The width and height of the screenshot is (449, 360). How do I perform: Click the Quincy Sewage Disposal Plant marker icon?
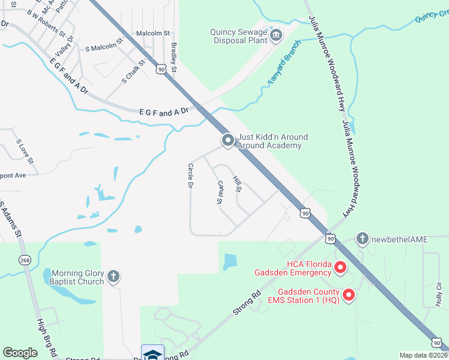[276, 34]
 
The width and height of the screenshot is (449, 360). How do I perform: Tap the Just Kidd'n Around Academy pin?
[228, 140]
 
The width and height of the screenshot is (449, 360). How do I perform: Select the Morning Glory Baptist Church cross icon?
[113, 277]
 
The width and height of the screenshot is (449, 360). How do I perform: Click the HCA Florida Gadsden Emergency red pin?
[340, 268]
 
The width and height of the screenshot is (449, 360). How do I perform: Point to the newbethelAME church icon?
[362, 239]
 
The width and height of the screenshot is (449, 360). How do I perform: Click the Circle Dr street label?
[190, 176]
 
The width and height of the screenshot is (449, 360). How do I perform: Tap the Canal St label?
[220, 192]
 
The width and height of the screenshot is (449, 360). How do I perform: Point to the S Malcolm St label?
[104, 44]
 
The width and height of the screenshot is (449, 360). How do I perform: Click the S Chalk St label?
[134, 71]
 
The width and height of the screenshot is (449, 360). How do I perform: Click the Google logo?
[20, 352]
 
